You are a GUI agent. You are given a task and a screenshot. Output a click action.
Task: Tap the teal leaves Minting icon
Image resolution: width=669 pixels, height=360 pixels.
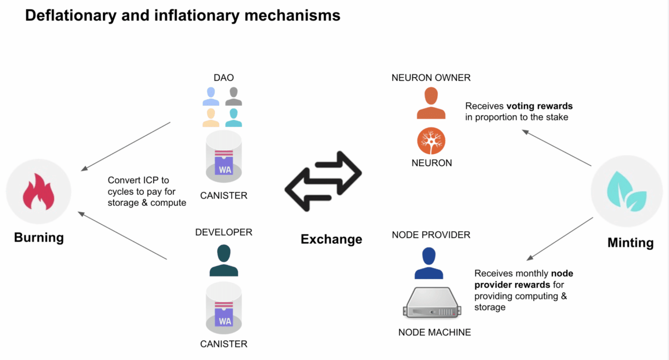pos(627,192)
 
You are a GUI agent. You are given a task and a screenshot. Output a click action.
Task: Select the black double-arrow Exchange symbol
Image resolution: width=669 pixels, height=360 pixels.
pos(323,181)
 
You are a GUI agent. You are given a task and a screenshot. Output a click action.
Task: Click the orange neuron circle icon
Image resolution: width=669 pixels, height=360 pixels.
pos(431,141)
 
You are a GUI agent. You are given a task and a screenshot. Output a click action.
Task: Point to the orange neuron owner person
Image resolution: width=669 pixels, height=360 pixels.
pos(431,103)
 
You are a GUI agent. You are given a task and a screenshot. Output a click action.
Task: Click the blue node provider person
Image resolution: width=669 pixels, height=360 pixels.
pos(429,263)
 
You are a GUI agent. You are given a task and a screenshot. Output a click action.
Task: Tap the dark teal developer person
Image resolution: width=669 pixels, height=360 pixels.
pos(224,260)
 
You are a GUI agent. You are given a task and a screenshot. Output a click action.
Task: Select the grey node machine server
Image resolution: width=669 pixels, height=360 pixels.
pos(432,303)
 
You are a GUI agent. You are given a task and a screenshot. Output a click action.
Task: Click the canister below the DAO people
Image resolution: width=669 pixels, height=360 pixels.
pos(224,156)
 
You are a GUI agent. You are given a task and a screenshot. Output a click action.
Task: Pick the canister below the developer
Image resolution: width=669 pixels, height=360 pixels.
pos(224,308)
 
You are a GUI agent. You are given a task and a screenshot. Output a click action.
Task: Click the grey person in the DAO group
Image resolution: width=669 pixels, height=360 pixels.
pos(233,96)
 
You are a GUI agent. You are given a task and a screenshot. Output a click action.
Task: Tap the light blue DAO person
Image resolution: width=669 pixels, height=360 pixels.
pos(211,96)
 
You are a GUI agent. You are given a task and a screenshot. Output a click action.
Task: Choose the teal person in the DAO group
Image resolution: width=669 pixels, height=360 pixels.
pos(233,118)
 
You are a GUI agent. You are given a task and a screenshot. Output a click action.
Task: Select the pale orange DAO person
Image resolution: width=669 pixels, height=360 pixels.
pos(211,118)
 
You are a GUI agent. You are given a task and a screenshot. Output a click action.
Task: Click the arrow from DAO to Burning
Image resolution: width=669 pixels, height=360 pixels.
pos(125,147)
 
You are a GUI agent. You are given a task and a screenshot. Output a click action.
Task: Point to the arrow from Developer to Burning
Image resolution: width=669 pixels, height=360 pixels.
pos(122,236)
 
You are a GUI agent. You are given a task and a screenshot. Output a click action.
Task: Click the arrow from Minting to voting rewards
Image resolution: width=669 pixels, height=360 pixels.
pos(556,148)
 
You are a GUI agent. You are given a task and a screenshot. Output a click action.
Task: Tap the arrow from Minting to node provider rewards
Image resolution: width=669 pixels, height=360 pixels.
pos(560,239)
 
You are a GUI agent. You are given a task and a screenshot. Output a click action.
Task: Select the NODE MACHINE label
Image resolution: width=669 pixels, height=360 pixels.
pos(435,332)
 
